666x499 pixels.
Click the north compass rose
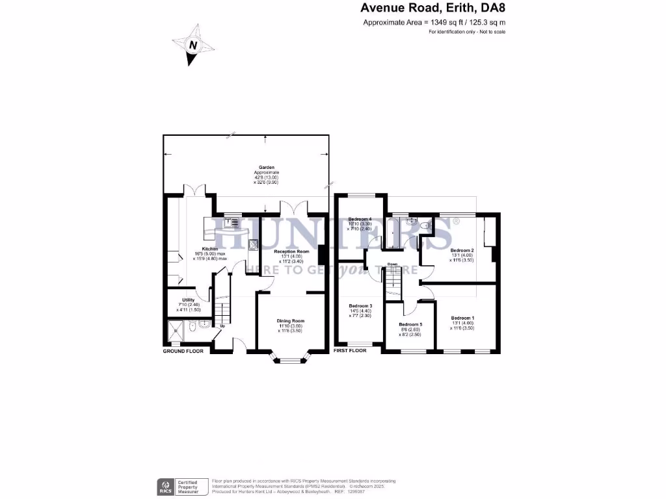(x=193, y=45)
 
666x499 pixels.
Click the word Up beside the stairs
(x=222, y=326)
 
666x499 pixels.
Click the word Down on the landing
(x=392, y=264)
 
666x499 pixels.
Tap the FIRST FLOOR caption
(x=350, y=351)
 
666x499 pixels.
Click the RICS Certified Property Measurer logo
(x=181, y=485)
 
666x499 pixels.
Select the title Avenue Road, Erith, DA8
(x=433, y=8)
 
